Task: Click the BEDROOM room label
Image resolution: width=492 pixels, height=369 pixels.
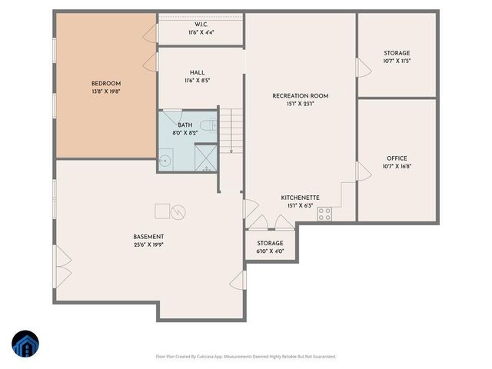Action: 106,84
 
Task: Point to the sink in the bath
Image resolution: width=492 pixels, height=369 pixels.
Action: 165,161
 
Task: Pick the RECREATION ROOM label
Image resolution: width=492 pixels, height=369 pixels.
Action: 301,96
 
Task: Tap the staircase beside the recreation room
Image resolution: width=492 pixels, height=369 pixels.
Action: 231,130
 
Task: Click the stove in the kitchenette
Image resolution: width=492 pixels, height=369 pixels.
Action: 325,214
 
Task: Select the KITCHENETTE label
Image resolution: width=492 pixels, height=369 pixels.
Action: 300,198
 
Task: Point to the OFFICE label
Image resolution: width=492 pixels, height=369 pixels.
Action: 397,158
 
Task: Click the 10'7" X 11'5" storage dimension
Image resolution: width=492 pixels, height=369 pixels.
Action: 397,61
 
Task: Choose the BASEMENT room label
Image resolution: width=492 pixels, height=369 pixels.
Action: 148,237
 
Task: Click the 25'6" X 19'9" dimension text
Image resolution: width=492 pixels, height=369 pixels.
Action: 148,245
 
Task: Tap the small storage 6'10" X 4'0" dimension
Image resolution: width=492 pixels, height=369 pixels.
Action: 270,251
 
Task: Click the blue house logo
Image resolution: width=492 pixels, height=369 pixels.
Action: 25,345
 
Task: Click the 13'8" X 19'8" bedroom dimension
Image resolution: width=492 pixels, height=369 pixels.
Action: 106,91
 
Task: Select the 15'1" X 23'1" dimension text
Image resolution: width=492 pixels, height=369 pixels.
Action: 301,104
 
